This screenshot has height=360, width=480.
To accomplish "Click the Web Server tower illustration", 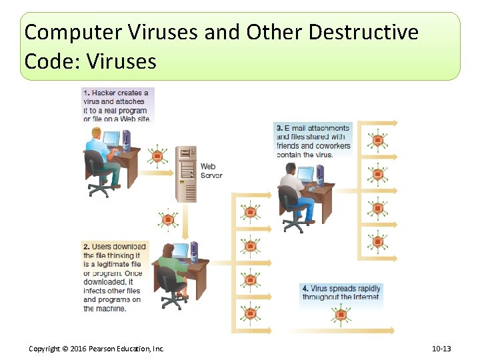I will pyautogui.click(x=186, y=174).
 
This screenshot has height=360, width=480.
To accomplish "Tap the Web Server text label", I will pyautogui.click(x=211, y=171).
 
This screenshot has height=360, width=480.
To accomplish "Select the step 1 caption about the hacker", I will pyautogui.click(x=117, y=106).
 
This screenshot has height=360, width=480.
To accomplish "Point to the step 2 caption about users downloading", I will pyautogui.click(x=114, y=277).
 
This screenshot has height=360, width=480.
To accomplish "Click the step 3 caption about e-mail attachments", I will pyautogui.click(x=313, y=141).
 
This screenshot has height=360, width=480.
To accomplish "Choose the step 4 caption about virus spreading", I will pyautogui.click(x=341, y=293).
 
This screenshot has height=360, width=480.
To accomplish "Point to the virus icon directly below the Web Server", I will pyautogui.click(x=168, y=219).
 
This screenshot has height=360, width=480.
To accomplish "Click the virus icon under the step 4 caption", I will pyautogui.click(x=341, y=315).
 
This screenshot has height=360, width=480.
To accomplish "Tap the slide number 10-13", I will pyautogui.click(x=441, y=349).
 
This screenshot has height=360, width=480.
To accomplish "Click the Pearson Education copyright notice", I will pyautogui.click(x=96, y=349).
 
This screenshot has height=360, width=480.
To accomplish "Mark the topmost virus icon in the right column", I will pyautogui.click(x=378, y=141).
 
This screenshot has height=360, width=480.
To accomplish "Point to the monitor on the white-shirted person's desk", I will pyautogui.click(x=305, y=175).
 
